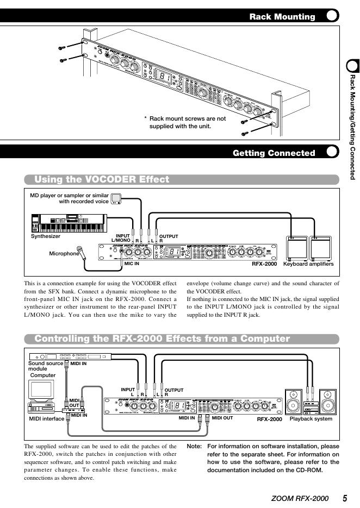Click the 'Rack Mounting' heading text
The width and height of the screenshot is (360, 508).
pyautogui.click(x=282, y=16)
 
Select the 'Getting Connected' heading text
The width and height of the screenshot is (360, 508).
pyautogui.click(x=274, y=153)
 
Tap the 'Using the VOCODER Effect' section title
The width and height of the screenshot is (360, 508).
pyautogui.click(x=102, y=179)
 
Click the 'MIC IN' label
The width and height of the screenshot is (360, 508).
pyautogui.click(x=132, y=264)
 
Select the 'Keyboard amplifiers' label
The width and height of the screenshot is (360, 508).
pyautogui.click(x=308, y=264)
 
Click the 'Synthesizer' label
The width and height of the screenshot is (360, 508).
pyautogui.click(x=46, y=236)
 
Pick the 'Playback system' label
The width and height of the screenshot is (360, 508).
pyautogui.click(x=311, y=419)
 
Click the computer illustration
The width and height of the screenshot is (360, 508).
pyautogui.click(x=42, y=394)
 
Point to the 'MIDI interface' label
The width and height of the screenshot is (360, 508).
pyautogui.click(x=46, y=419)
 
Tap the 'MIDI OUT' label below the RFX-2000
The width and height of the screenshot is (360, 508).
pyautogui.click(x=222, y=418)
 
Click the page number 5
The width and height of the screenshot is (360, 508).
pyautogui.click(x=345, y=498)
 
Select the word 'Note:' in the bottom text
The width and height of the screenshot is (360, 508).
pyautogui.click(x=194, y=446)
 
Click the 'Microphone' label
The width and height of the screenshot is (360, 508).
pyautogui.click(x=64, y=253)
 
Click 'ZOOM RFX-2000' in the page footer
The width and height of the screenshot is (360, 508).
pyautogui.click(x=300, y=498)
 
